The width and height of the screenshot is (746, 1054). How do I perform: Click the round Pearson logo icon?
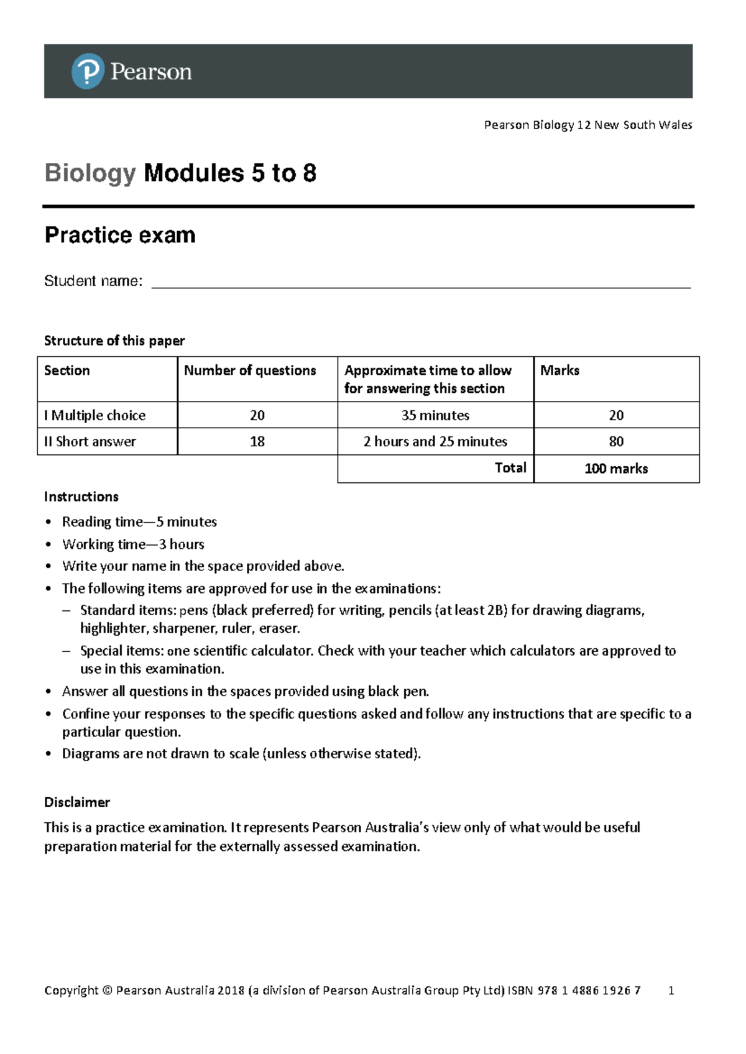(x=88, y=71)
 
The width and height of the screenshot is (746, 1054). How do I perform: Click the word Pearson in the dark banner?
(x=151, y=72)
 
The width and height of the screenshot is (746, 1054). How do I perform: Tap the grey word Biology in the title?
(x=90, y=173)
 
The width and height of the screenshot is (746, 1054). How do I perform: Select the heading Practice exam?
(x=120, y=235)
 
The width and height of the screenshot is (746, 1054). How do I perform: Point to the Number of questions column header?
(x=250, y=370)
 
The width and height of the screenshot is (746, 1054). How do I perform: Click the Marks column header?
(x=559, y=370)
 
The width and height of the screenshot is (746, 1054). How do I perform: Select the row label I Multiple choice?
(x=94, y=415)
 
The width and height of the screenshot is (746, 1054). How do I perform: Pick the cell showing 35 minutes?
(x=435, y=415)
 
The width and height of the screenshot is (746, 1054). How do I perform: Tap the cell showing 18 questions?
(x=257, y=441)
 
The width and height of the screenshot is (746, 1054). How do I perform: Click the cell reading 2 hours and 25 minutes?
(x=435, y=441)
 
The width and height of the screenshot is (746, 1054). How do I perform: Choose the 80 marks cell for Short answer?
(x=616, y=441)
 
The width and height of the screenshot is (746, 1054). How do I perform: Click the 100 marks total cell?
(x=616, y=469)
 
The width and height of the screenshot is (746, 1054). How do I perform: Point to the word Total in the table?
(x=510, y=468)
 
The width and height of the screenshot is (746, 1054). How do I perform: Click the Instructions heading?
(x=81, y=497)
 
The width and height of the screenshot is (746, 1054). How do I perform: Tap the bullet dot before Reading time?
(x=49, y=523)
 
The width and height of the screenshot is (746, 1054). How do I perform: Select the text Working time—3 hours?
(x=133, y=544)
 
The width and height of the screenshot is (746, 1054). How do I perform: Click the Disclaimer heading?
(x=77, y=802)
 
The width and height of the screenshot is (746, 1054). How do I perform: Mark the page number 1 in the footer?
(x=671, y=990)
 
